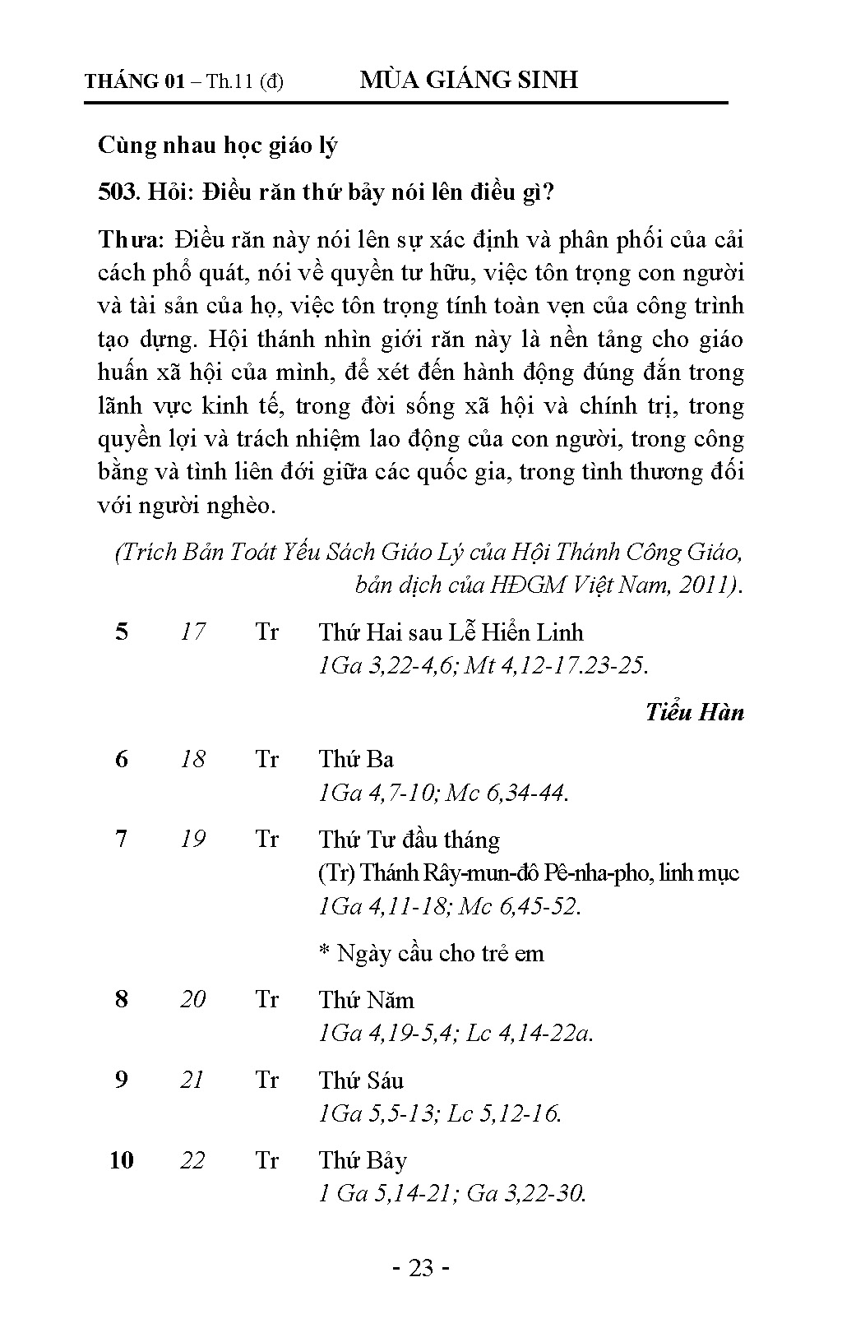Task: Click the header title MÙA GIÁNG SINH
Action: [x=469, y=80]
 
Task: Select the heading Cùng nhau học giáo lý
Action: [x=218, y=146]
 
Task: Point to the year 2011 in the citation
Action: [x=706, y=585]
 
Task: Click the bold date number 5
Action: [x=122, y=632]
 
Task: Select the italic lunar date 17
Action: [x=192, y=632]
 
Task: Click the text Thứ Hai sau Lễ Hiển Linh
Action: [x=451, y=632]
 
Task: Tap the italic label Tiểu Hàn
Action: [x=694, y=712]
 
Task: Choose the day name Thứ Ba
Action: [x=356, y=759]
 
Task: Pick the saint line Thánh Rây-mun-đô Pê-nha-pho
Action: [x=528, y=872]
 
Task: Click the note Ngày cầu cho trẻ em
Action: [x=432, y=953]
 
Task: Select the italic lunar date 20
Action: [x=192, y=999]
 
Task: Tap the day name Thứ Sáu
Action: [x=361, y=1080]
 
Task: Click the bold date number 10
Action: [x=121, y=1160]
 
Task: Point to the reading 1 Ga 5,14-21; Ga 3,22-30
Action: [x=451, y=1193]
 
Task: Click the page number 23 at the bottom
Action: [x=420, y=1268]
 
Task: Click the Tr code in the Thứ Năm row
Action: [x=266, y=999]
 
